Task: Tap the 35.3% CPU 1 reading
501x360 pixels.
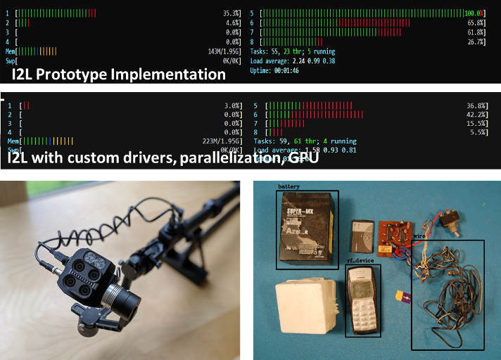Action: coord(232,13)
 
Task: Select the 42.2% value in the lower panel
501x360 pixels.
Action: coord(477,115)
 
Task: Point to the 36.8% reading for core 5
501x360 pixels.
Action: coord(477,105)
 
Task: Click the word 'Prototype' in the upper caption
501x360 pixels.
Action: coord(83,73)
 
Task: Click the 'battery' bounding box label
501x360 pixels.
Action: coord(289,187)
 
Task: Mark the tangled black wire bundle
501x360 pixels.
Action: coord(448,295)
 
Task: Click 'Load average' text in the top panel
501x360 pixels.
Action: coord(275,60)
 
